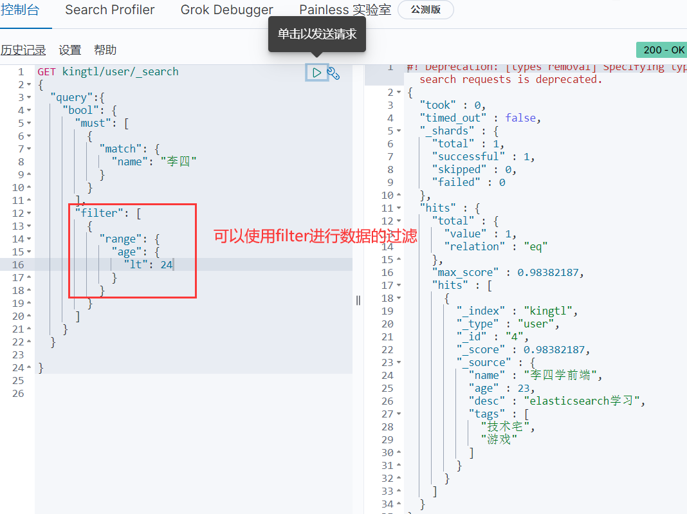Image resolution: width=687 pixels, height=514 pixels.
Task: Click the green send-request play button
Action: (x=316, y=73)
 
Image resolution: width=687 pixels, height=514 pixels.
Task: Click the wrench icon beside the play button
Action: (x=333, y=73)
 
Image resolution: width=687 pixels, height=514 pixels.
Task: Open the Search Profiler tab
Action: (x=110, y=10)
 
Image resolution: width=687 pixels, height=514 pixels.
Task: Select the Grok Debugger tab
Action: (x=227, y=10)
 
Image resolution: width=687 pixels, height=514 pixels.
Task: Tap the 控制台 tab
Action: (x=20, y=10)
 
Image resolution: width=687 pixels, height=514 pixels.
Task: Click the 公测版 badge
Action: (x=425, y=10)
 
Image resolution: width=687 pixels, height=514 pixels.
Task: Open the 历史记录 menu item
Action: (x=23, y=50)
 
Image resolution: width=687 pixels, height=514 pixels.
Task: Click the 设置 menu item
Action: (x=70, y=50)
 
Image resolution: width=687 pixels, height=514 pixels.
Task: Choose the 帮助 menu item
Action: (x=105, y=50)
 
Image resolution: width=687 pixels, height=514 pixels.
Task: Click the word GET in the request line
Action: (x=46, y=71)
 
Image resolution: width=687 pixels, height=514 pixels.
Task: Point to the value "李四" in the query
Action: (x=178, y=161)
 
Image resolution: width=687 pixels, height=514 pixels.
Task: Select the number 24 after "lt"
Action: (x=167, y=264)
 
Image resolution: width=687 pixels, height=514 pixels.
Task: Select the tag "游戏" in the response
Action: (x=499, y=439)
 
